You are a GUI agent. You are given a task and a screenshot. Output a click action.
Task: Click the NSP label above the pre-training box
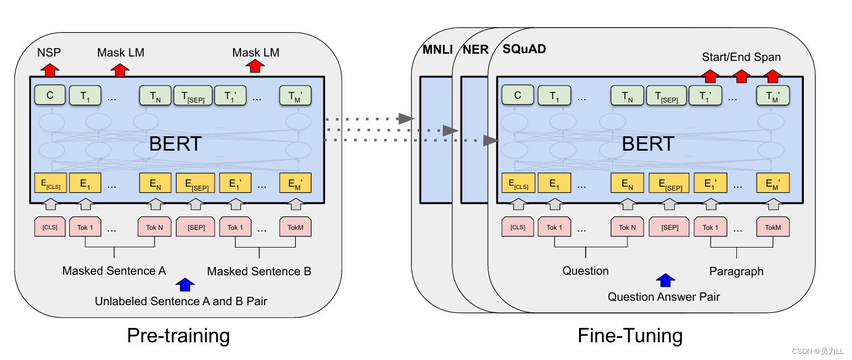pos(49,53)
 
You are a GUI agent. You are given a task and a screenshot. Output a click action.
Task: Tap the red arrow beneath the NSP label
pos(50,70)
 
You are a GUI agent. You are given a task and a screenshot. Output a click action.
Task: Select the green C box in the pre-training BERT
pos(50,95)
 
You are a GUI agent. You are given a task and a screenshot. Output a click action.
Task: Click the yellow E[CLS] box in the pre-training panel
pos(50,183)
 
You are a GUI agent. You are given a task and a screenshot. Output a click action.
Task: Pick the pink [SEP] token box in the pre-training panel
pos(195,227)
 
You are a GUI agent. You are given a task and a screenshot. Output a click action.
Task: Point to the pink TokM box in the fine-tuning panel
pos(773,227)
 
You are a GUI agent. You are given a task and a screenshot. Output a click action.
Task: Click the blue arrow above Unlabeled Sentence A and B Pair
pos(185,285)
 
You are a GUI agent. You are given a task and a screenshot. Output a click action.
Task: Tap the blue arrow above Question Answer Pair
pos(665,280)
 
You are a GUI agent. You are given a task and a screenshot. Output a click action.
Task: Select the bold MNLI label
pos(437,49)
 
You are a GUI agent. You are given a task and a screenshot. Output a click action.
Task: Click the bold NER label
pos(476,49)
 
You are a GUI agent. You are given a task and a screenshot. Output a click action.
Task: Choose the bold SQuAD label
pos(524,49)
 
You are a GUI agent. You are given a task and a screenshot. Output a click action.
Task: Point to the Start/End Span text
pos(741,57)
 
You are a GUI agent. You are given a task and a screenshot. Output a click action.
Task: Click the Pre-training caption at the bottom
pos(178,336)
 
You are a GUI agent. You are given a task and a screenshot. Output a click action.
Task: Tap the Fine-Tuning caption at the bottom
pos(630,336)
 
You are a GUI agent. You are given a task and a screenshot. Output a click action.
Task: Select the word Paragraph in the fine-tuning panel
pos(736,271)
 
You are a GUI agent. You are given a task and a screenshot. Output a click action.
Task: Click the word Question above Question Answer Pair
pos(585,271)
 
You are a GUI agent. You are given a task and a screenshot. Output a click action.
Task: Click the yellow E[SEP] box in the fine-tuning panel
pos(669,183)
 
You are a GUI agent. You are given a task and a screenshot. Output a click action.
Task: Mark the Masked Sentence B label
pos(259,271)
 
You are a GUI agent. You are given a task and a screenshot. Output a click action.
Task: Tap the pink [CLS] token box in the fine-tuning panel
pos(518,227)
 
